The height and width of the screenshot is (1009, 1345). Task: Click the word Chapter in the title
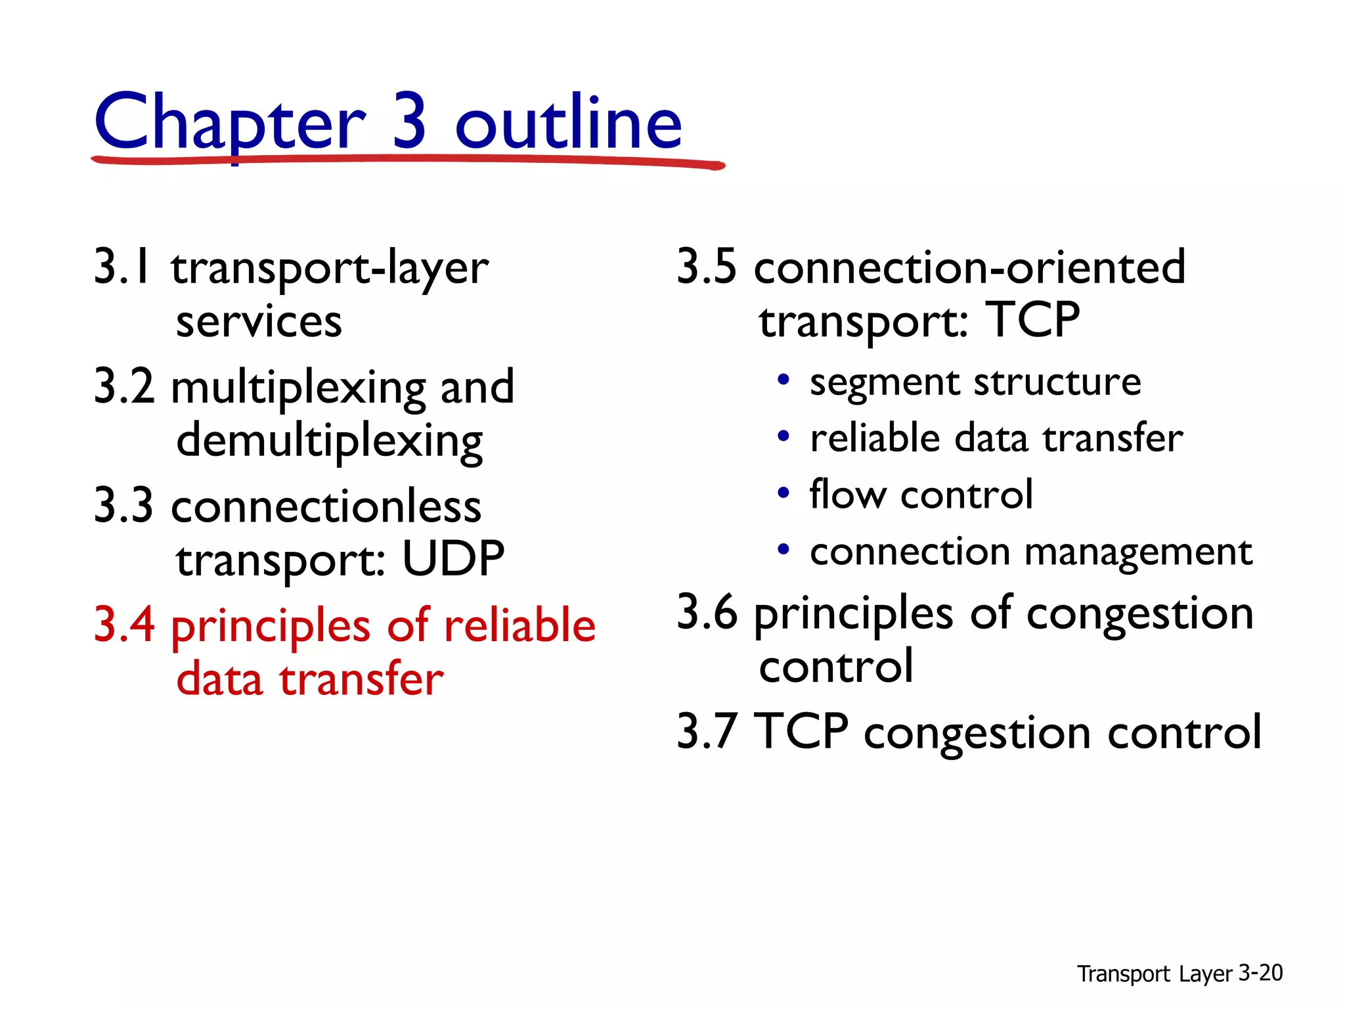(230, 123)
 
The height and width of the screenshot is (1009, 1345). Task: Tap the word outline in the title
(569, 123)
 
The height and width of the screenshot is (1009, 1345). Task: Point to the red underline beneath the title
(407, 160)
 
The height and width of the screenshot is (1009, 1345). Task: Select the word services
(259, 323)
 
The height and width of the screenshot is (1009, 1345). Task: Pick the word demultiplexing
(330, 441)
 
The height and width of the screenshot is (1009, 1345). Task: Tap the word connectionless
(326, 507)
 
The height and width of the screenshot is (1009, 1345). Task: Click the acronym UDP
(452, 559)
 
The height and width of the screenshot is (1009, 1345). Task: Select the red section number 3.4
(125, 625)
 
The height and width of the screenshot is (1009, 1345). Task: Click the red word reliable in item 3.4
(519, 625)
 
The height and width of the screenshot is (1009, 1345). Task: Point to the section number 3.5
(707, 267)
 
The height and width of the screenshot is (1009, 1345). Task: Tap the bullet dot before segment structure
(783, 380)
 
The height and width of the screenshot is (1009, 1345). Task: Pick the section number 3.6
(707, 612)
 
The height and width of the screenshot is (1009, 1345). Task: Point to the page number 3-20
(1260, 973)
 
